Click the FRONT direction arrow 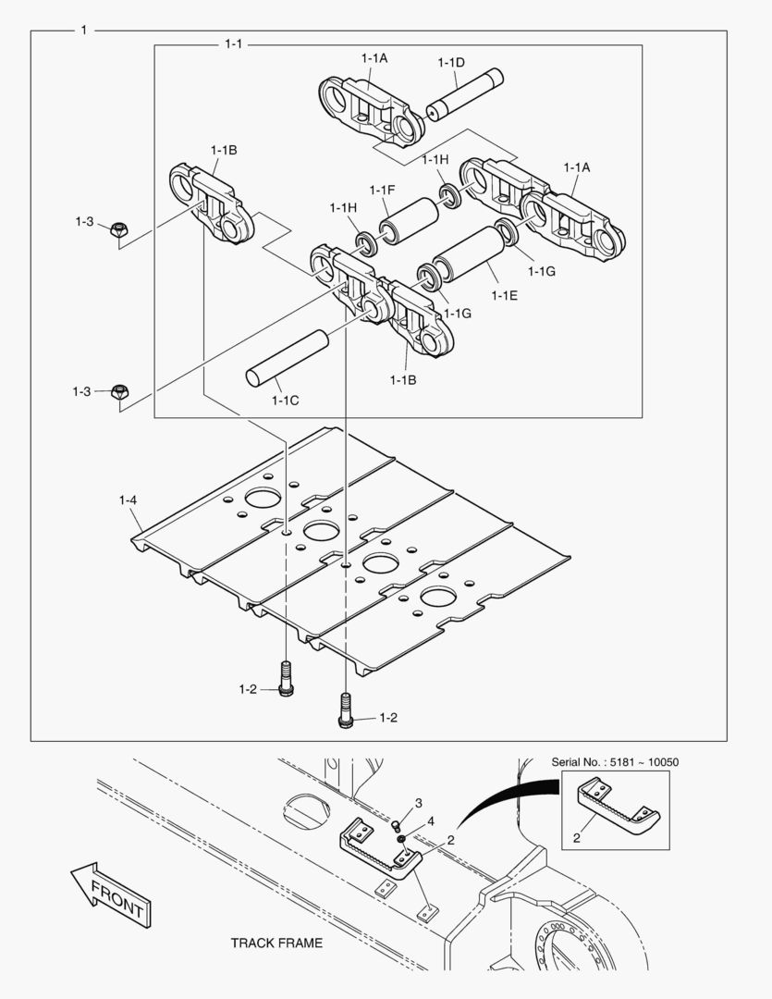click(x=110, y=894)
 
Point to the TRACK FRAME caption click(x=276, y=943)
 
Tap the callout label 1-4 click(x=128, y=500)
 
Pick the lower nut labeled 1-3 click(x=118, y=391)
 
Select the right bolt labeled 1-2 click(x=346, y=710)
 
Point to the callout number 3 click(x=418, y=802)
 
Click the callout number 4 click(x=430, y=820)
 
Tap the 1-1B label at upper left click(x=224, y=150)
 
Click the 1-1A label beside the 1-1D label click(x=374, y=58)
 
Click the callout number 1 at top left click(x=84, y=31)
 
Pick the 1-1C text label click(x=285, y=401)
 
